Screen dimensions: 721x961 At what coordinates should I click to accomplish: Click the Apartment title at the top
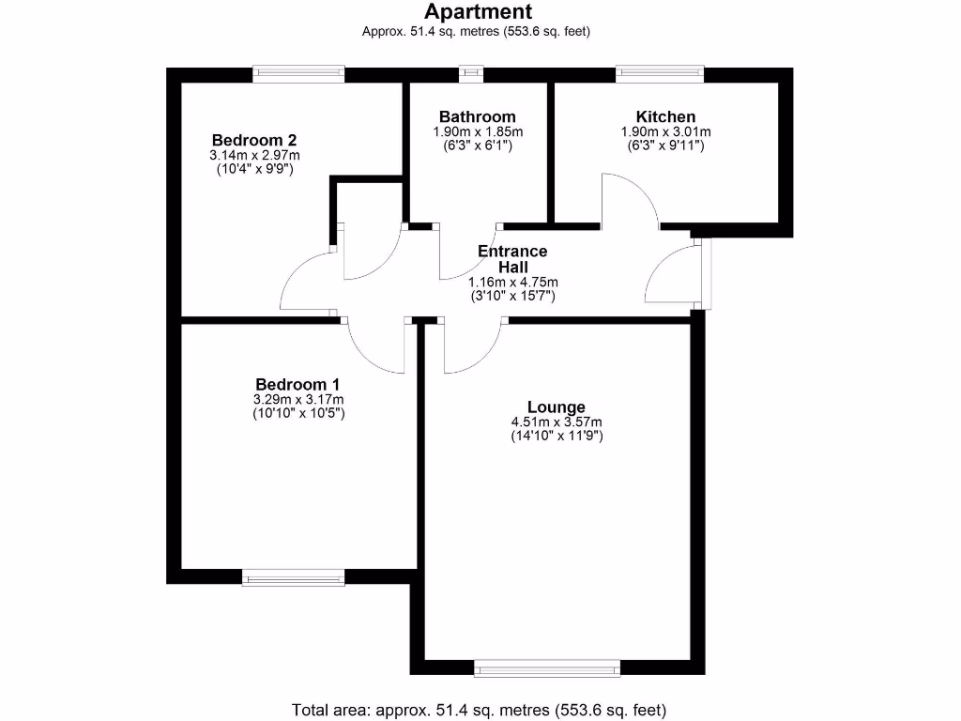click(x=479, y=12)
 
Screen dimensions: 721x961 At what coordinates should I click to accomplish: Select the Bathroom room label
click(x=478, y=116)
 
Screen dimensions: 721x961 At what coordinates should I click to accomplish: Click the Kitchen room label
click(x=665, y=116)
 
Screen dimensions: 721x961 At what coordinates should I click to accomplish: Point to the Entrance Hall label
click(x=512, y=259)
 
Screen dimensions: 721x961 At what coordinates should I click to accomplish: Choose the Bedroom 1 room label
click(x=297, y=384)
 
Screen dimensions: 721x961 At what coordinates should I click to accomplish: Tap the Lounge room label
click(x=556, y=407)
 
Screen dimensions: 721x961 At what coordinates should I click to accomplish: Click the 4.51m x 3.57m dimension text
click(x=556, y=422)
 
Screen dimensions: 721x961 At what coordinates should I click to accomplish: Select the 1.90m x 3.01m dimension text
click(x=665, y=131)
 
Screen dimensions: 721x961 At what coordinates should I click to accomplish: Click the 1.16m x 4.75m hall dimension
click(x=512, y=282)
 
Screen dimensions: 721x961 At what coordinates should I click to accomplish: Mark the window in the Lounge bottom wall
click(x=547, y=667)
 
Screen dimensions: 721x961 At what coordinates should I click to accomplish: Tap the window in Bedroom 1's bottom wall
click(x=293, y=576)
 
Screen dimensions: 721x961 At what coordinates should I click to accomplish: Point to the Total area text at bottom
click(x=480, y=709)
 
